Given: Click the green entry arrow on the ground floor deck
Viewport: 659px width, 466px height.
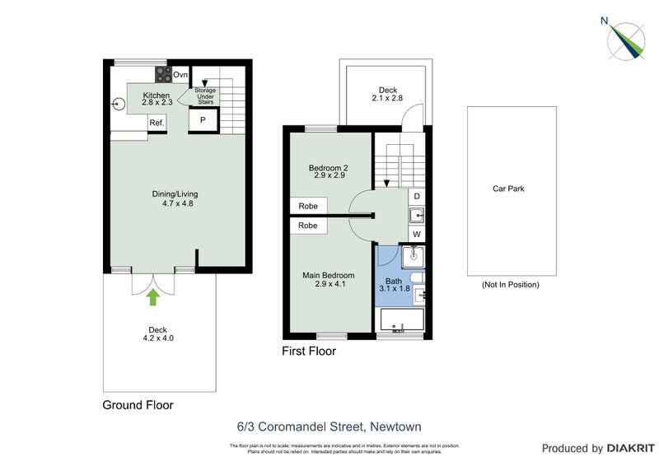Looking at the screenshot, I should (x=152, y=296).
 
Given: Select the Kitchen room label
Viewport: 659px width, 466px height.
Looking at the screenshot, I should (x=157, y=99).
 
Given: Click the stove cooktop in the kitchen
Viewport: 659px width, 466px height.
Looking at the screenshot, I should (x=161, y=75).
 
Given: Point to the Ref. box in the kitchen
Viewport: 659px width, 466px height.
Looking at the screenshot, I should (x=157, y=123).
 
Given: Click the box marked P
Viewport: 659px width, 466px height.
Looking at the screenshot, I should (x=203, y=121).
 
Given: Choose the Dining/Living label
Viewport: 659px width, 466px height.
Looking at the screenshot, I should (x=175, y=198).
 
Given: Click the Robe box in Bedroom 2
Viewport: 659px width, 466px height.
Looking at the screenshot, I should (x=308, y=206).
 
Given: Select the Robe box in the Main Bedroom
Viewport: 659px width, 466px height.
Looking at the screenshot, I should (x=308, y=225).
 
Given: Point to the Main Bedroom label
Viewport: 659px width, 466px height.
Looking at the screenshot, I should (x=328, y=280).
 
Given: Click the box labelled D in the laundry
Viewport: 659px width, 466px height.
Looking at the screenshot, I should (x=417, y=197).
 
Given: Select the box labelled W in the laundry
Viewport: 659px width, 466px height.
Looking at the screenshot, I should (x=417, y=235).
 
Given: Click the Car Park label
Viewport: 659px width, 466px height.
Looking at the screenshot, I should (x=508, y=189).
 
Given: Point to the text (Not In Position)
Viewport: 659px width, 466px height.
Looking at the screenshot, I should (x=510, y=285).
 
